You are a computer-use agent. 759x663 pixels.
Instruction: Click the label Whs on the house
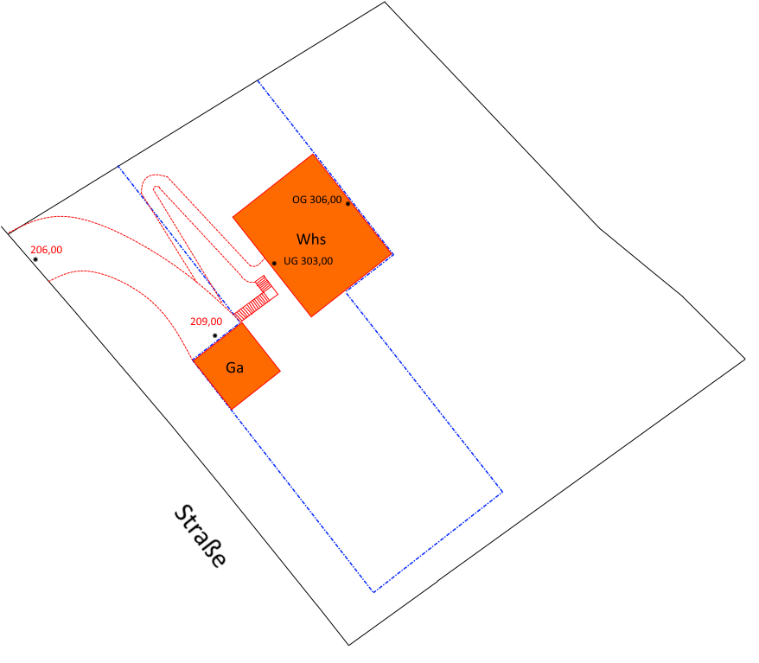click(310, 239)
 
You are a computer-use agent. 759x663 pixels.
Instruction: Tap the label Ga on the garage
click(234, 367)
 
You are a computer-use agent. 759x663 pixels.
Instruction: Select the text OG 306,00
click(316, 200)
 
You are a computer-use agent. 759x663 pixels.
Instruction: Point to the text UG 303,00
click(308, 261)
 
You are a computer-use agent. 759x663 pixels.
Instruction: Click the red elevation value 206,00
click(47, 250)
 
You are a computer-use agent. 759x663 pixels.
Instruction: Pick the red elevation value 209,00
click(207, 322)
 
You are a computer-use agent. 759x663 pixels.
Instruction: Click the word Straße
click(200, 536)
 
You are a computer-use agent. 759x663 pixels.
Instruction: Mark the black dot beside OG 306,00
click(348, 204)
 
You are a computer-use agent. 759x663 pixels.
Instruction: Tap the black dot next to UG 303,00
click(274, 264)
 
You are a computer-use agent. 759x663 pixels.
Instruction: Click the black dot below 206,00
click(35, 259)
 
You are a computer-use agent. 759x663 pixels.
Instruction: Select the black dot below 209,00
click(215, 335)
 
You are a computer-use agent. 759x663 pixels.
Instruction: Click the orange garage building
click(237, 366)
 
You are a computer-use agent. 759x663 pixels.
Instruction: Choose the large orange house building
click(312, 236)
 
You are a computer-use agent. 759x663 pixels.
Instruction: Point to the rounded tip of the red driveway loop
click(154, 175)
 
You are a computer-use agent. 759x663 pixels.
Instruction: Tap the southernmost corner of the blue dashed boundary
click(373, 592)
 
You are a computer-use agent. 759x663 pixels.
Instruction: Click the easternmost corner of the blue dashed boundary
click(502, 492)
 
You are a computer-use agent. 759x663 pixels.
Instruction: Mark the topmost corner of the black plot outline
click(385, 2)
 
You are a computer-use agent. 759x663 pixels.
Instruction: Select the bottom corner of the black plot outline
click(348, 645)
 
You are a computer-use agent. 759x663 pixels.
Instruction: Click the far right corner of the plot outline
click(745, 359)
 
